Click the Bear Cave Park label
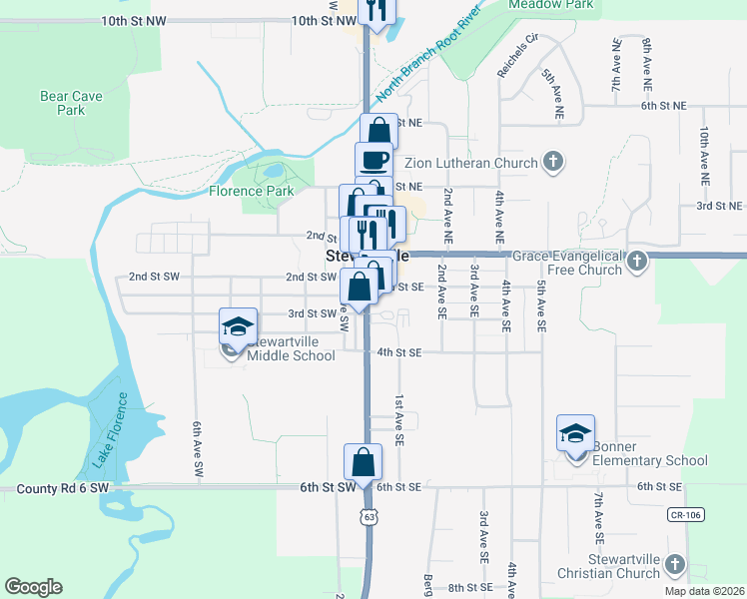[x=62, y=103]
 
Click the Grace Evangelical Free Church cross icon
[x=639, y=263]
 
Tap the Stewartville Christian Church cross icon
[x=674, y=566]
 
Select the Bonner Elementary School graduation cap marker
[x=576, y=433]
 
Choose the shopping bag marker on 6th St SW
[x=363, y=462]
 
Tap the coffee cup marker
[x=374, y=159]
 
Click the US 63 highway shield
[x=371, y=517]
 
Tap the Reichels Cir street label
[x=517, y=57]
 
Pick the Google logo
[x=33, y=587]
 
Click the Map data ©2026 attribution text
[x=703, y=591]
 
